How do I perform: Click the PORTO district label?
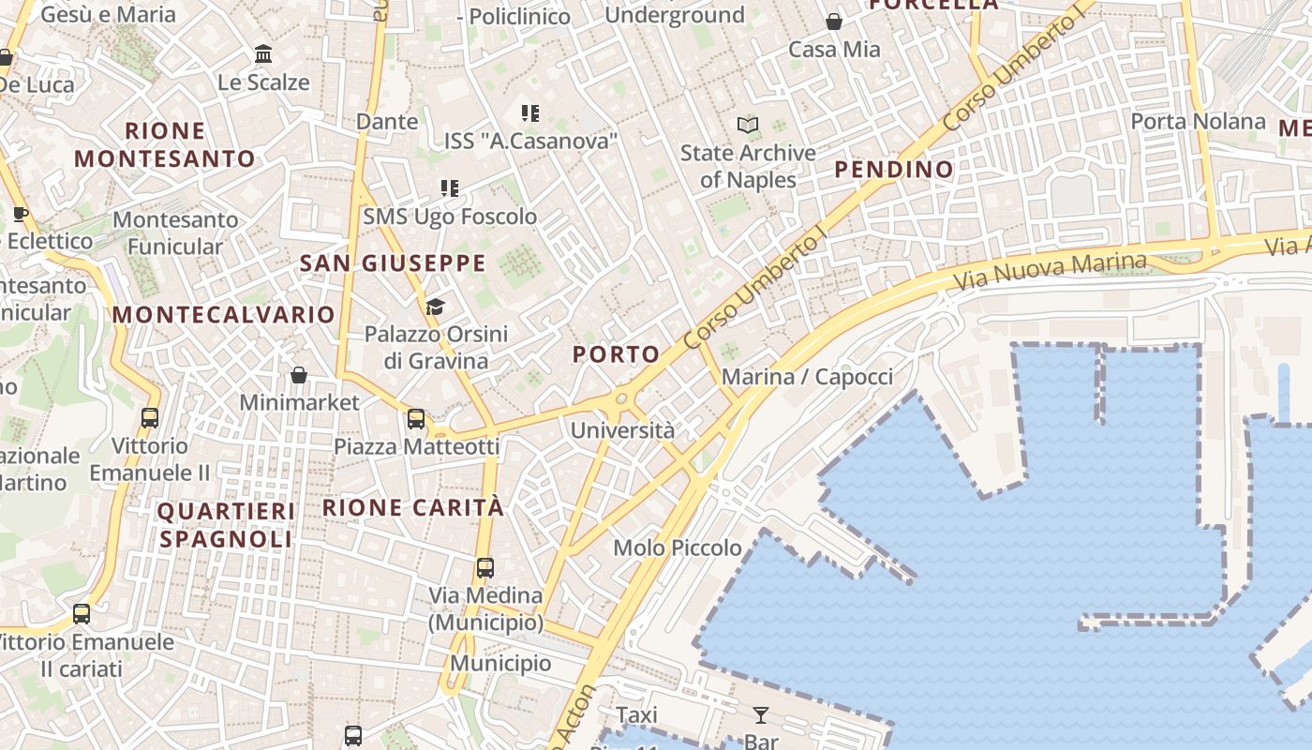pyautogui.click(x=616, y=354)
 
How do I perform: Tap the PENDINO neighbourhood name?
pyautogui.click(x=894, y=170)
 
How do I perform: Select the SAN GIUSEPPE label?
pyautogui.click(x=393, y=263)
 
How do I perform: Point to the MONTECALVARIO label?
pyautogui.click(x=224, y=315)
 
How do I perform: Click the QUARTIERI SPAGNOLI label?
pyautogui.click(x=226, y=525)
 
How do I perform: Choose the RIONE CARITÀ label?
pyautogui.click(x=413, y=508)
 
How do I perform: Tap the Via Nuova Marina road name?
pyautogui.click(x=1050, y=270)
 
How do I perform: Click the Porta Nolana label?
pyautogui.click(x=1198, y=122)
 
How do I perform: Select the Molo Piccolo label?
pyautogui.click(x=678, y=547)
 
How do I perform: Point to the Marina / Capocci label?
pyautogui.click(x=807, y=377)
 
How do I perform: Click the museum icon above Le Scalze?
pyautogui.click(x=263, y=54)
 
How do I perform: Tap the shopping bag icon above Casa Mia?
pyautogui.click(x=834, y=21)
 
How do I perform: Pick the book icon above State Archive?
pyautogui.click(x=748, y=125)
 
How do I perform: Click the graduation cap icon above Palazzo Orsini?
pyautogui.click(x=435, y=307)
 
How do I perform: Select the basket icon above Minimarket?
pyautogui.click(x=299, y=375)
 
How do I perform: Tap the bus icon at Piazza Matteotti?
pyautogui.click(x=416, y=419)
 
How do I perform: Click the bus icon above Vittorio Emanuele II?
pyautogui.click(x=150, y=417)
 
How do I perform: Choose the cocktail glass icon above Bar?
pyautogui.click(x=760, y=715)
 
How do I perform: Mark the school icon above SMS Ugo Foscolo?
pyautogui.click(x=451, y=188)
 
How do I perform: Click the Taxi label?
pyautogui.click(x=637, y=715)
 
